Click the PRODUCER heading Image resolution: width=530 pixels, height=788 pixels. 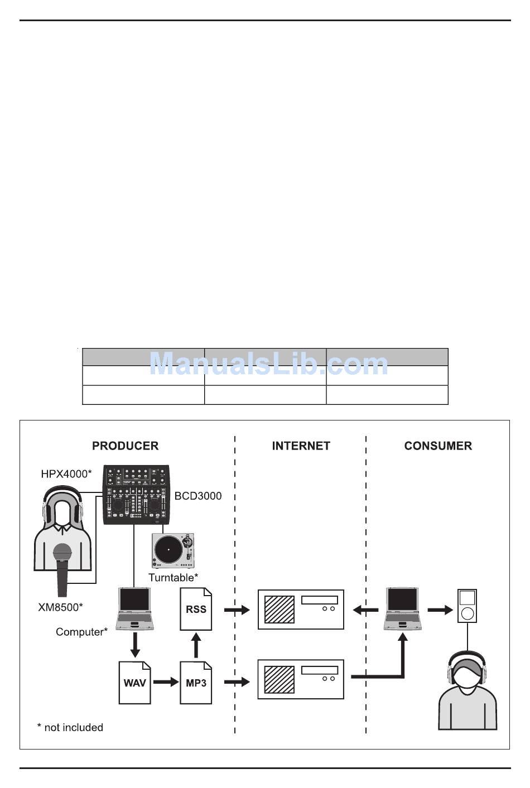tap(125, 446)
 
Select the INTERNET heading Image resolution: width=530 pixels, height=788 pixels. tap(301, 446)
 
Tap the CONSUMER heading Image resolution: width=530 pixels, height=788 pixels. tap(438, 446)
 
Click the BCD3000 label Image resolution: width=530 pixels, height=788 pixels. tap(197, 496)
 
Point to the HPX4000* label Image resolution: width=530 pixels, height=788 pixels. tap(65, 474)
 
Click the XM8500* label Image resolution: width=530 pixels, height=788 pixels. tap(60, 607)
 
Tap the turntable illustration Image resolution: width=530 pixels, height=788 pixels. tap(172, 550)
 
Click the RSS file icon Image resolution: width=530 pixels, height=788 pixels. tap(196, 609)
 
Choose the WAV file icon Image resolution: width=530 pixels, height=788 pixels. tap(134, 683)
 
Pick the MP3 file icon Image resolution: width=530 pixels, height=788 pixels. tap(196, 683)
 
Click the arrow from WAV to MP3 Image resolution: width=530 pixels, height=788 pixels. tap(166, 682)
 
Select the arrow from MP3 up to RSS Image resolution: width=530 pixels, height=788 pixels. tap(196, 645)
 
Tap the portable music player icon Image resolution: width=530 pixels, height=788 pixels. tap(467, 606)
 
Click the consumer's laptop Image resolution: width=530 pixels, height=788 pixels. tap(402, 608)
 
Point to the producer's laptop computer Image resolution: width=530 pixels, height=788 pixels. tap(134, 608)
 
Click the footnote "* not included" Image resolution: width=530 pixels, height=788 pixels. tap(70, 727)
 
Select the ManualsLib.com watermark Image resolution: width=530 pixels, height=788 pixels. tap(268, 364)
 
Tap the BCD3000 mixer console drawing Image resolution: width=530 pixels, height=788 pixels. tap(137, 494)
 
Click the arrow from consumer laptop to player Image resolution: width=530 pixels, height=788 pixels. tap(440, 610)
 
